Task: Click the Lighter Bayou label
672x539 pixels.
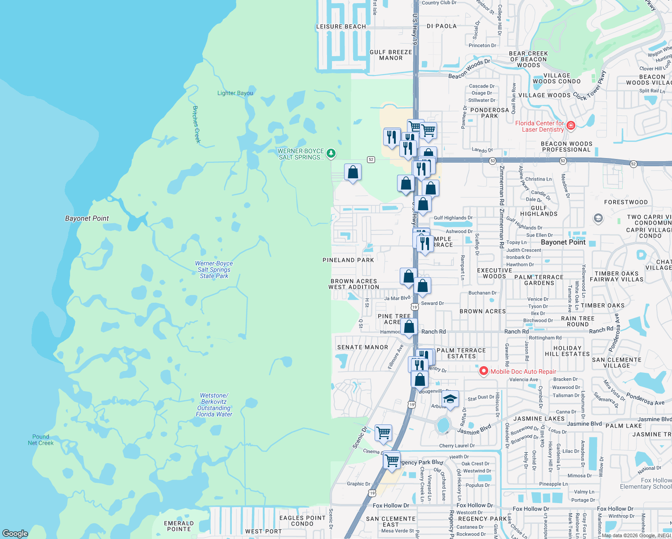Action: [x=235, y=93]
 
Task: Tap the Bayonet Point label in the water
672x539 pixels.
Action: [x=87, y=218]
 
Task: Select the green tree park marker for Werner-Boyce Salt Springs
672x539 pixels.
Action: [x=331, y=154]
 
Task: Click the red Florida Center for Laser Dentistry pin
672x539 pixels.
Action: [x=571, y=125]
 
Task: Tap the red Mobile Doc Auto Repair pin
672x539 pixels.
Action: [x=483, y=371]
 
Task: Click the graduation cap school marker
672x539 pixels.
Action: [x=450, y=398]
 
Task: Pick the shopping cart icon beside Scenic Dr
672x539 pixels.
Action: [x=383, y=433]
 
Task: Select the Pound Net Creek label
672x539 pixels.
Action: [x=40, y=440]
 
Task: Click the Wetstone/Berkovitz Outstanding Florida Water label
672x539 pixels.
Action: [x=214, y=405]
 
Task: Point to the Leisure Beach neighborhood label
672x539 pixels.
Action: [x=341, y=27]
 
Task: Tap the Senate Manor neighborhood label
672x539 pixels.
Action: [x=363, y=347]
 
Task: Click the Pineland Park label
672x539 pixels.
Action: [x=348, y=260]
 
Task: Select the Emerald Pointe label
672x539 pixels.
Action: [x=179, y=526]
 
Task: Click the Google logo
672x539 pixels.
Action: [x=15, y=534]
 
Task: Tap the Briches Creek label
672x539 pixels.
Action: [x=196, y=124]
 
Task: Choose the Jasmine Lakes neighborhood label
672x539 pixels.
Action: [x=539, y=419]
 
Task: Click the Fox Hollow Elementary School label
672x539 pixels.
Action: [x=645, y=483]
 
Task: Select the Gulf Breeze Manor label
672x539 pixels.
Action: [x=391, y=55]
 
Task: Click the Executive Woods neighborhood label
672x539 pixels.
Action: [x=494, y=273]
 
